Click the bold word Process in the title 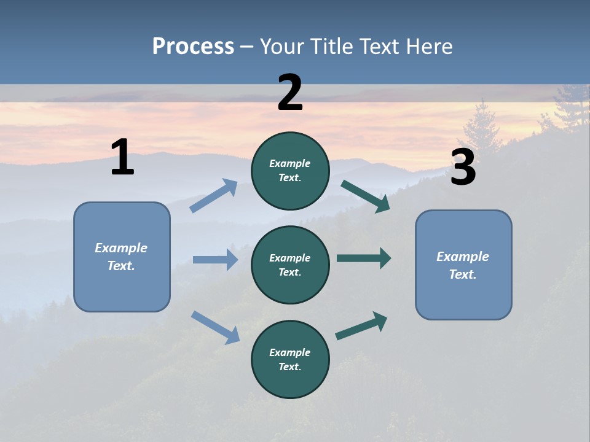193,46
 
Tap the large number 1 122,157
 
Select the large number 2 290,92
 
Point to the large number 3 463,168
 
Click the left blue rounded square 122,257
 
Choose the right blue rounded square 463,265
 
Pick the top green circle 290,171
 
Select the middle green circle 290,265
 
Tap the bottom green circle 290,359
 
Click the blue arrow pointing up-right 214,195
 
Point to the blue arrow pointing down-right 215,327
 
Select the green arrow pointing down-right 366,196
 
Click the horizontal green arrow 364,258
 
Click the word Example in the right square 463,257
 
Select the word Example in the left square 121,248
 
